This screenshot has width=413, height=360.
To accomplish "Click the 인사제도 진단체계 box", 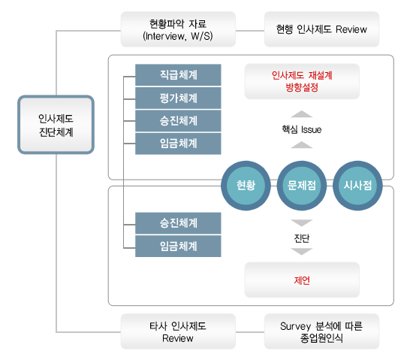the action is pyautogui.click(x=56, y=125).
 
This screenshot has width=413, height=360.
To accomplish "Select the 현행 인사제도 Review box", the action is pyautogui.click(x=321, y=29).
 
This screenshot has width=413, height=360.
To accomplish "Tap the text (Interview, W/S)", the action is pyautogui.click(x=178, y=36).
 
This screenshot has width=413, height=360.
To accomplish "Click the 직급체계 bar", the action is pyautogui.click(x=178, y=75).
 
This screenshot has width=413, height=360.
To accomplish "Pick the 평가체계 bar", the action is pyautogui.click(x=178, y=98).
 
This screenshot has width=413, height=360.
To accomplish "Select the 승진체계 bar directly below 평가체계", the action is pyautogui.click(x=178, y=121).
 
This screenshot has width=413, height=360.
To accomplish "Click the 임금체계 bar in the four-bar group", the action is pyautogui.click(x=178, y=144).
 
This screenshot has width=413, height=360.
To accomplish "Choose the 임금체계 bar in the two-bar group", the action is pyautogui.click(x=178, y=247).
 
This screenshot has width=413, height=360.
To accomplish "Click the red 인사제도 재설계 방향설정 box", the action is pyautogui.click(x=302, y=81).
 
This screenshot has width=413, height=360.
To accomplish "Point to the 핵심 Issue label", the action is pyautogui.click(x=302, y=129).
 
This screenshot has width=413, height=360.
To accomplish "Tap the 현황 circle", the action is pyautogui.click(x=246, y=186).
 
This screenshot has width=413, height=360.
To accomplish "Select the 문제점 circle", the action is pyautogui.click(x=302, y=186).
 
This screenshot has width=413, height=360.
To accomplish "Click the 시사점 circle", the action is pyautogui.click(x=357, y=186).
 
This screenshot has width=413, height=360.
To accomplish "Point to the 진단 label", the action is pyautogui.click(x=302, y=238).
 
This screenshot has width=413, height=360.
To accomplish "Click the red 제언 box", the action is pyautogui.click(x=302, y=280).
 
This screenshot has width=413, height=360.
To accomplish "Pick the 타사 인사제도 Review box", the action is pyautogui.click(x=178, y=331).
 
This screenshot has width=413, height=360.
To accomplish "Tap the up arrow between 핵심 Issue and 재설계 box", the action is pyautogui.click(x=302, y=114).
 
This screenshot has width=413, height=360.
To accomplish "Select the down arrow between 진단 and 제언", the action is pyautogui.click(x=302, y=252).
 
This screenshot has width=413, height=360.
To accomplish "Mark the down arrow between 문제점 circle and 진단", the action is pyautogui.click(x=302, y=223).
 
